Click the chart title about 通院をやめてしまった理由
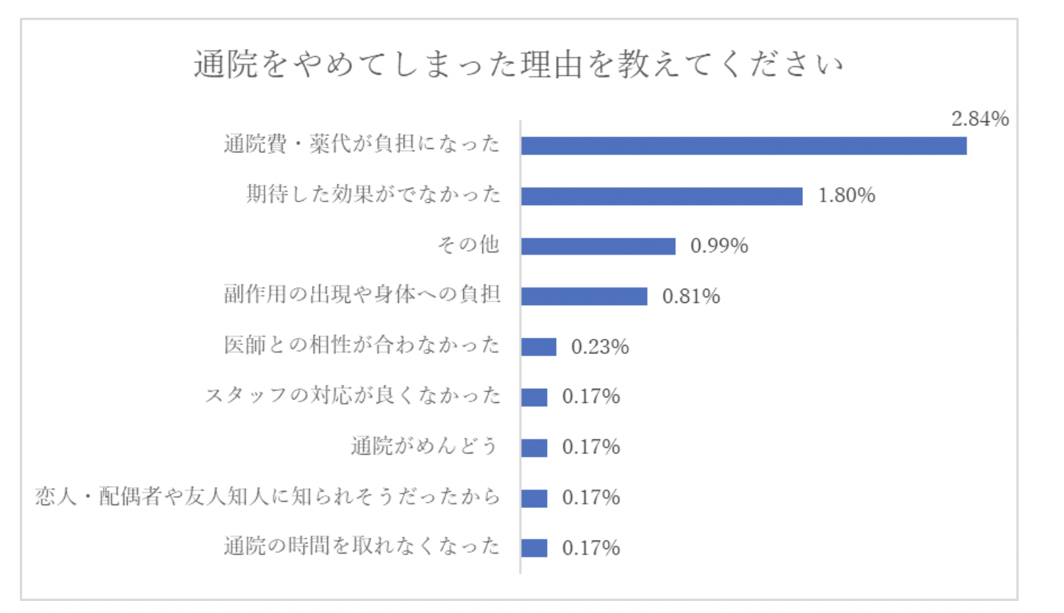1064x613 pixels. [519, 65]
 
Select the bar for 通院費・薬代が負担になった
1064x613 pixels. [743, 145]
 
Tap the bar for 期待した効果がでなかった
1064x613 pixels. [661, 196]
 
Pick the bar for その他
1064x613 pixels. [598, 246]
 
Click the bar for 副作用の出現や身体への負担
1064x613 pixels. [584, 297]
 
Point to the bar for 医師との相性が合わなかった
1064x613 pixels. [538, 347]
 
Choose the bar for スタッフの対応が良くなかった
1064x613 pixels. [534, 397]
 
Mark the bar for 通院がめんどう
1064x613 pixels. [534, 448]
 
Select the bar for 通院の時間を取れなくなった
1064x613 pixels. [534, 548]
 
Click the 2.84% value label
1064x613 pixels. [980, 118]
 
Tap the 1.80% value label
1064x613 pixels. [846, 196]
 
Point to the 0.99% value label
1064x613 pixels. [719, 246]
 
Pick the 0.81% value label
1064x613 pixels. [691, 297]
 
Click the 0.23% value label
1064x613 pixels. [599, 347]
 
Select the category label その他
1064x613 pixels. [468, 245]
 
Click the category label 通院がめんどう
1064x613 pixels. [424, 446]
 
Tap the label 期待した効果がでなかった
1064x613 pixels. [373, 194]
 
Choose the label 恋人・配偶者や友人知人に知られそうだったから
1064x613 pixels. [267, 497]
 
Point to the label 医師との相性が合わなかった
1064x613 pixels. [362, 346]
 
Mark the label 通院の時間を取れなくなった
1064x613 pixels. [362, 546]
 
